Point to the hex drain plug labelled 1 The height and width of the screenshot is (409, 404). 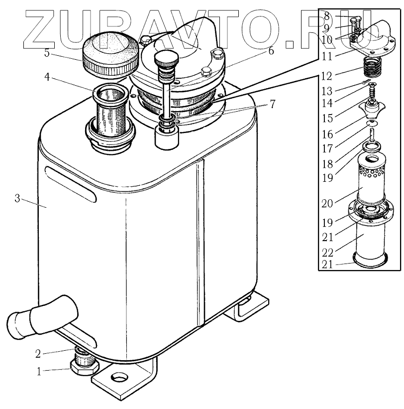(84, 369)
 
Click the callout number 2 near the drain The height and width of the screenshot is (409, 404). (38, 355)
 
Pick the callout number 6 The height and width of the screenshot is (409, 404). (271, 51)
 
